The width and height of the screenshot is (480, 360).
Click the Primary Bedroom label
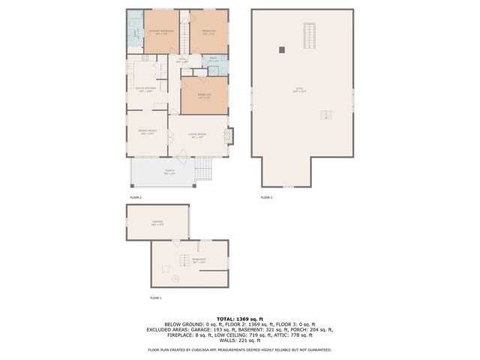click(x=161, y=31)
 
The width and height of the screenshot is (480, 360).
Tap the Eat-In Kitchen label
click(x=145, y=89)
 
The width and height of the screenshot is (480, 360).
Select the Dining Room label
click(x=147, y=132)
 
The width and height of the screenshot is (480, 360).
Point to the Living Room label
click(x=197, y=136)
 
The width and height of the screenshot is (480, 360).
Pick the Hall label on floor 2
click(x=182, y=60)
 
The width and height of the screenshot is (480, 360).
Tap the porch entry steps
click(x=205, y=170)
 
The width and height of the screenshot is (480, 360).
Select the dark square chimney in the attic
click(x=282, y=50)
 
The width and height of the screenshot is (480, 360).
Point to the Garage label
click(x=157, y=222)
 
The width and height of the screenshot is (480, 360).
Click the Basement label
click(x=199, y=260)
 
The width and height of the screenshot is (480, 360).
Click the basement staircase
click(x=182, y=260)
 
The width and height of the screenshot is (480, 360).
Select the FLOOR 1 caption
click(x=156, y=298)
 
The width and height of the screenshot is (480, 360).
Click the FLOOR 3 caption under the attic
click(x=266, y=197)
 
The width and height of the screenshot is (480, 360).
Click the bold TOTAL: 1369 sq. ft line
click(x=239, y=318)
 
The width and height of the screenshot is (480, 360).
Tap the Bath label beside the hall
click(x=214, y=59)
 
